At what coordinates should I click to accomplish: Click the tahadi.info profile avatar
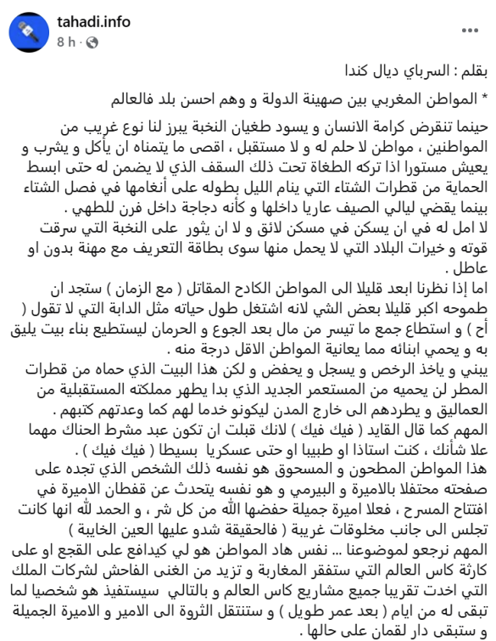tap(31, 32)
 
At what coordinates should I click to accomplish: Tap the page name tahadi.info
tap(89, 24)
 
